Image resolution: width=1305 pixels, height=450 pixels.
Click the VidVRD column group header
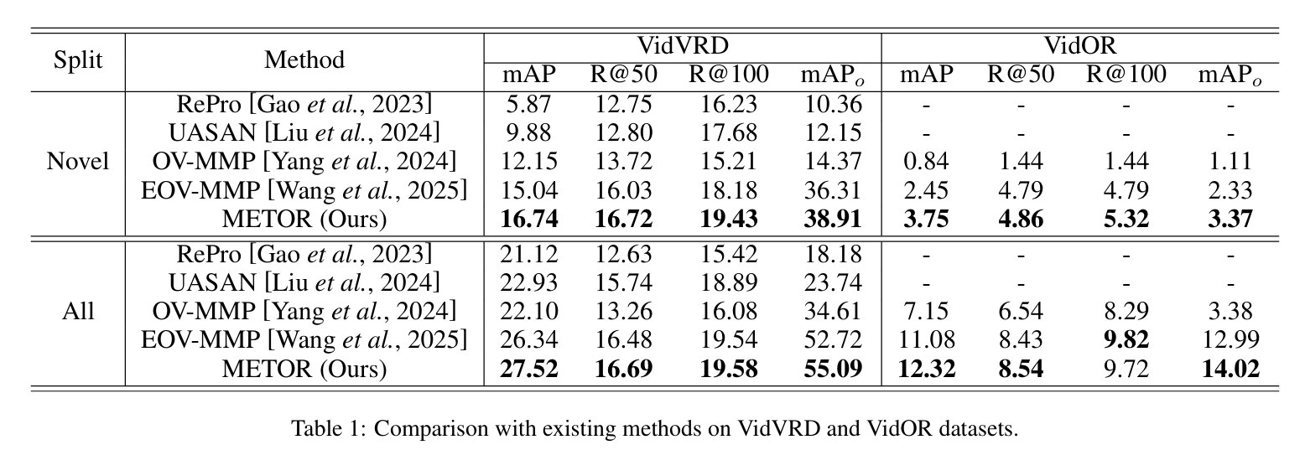tap(682, 45)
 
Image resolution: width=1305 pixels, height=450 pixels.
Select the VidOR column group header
tap(1079, 45)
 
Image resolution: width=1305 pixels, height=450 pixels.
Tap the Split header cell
tap(78, 60)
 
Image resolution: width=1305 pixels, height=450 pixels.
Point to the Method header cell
tap(304, 60)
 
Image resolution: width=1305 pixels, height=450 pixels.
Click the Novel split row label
tap(78, 161)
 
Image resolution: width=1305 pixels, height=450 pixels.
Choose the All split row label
tap(78, 312)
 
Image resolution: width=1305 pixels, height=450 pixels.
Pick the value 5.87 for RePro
tap(529, 104)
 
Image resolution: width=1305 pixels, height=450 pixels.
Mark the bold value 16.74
tap(529, 219)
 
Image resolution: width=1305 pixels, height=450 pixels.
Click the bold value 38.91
tap(833, 219)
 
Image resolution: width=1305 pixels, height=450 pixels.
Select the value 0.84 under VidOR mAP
tap(926, 161)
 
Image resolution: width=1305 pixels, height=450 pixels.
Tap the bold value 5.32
tap(1126, 219)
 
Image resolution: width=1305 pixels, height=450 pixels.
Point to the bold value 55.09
tap(833, 369)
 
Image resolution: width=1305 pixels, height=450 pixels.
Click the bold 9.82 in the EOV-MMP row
tap(1126, 340)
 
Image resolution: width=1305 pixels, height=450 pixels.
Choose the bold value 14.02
tap(1230, 369)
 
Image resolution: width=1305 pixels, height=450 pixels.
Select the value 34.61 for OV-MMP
tap(833, 312)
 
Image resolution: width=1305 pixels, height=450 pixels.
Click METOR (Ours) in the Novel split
tap(304, 219)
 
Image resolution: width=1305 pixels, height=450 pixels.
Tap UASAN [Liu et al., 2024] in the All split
tap(304, 283)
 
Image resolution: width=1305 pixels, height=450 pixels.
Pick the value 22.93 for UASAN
tap(529, 283)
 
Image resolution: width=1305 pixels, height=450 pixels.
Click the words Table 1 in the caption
tap(328, 428)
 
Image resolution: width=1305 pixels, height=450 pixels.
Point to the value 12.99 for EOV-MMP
tap(1230, 340)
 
